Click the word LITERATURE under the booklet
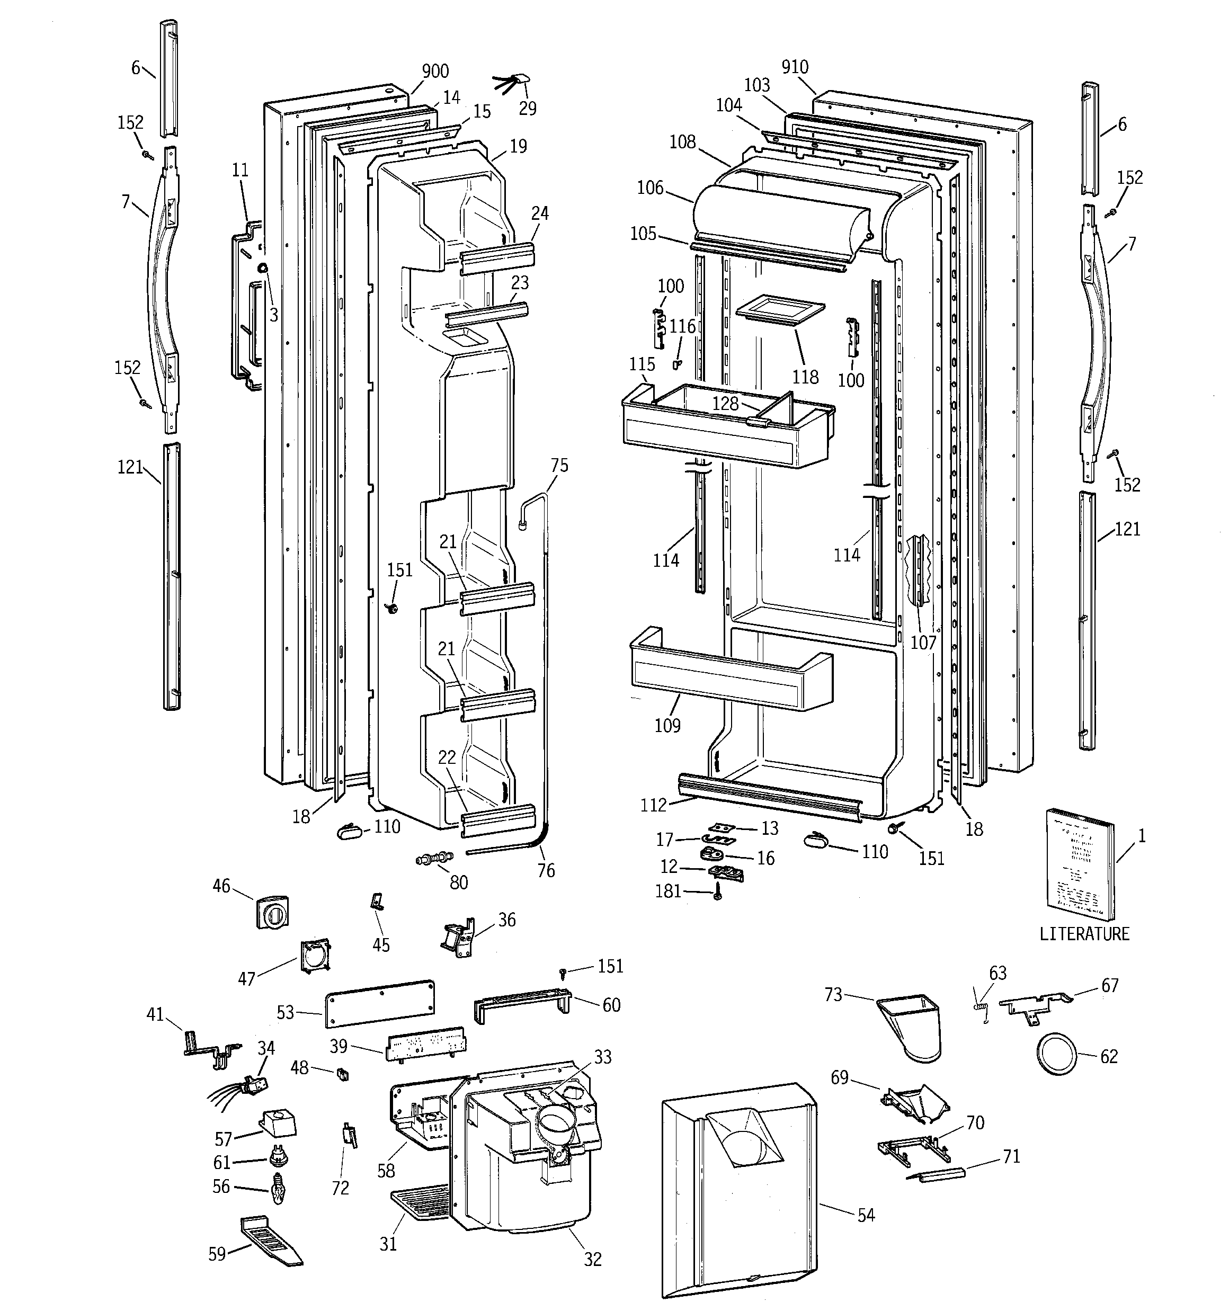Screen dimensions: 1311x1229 (1084, 934)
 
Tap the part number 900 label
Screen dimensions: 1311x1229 (435, 71)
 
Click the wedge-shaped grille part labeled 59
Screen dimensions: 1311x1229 (266, 1241)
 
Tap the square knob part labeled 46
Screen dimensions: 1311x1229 (272, 913)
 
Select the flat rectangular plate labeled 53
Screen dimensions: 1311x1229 (379, 1003)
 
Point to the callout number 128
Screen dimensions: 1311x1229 (726, 404)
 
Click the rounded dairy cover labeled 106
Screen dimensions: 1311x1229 (778, 221)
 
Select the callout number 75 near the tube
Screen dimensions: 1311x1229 (559, 466)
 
